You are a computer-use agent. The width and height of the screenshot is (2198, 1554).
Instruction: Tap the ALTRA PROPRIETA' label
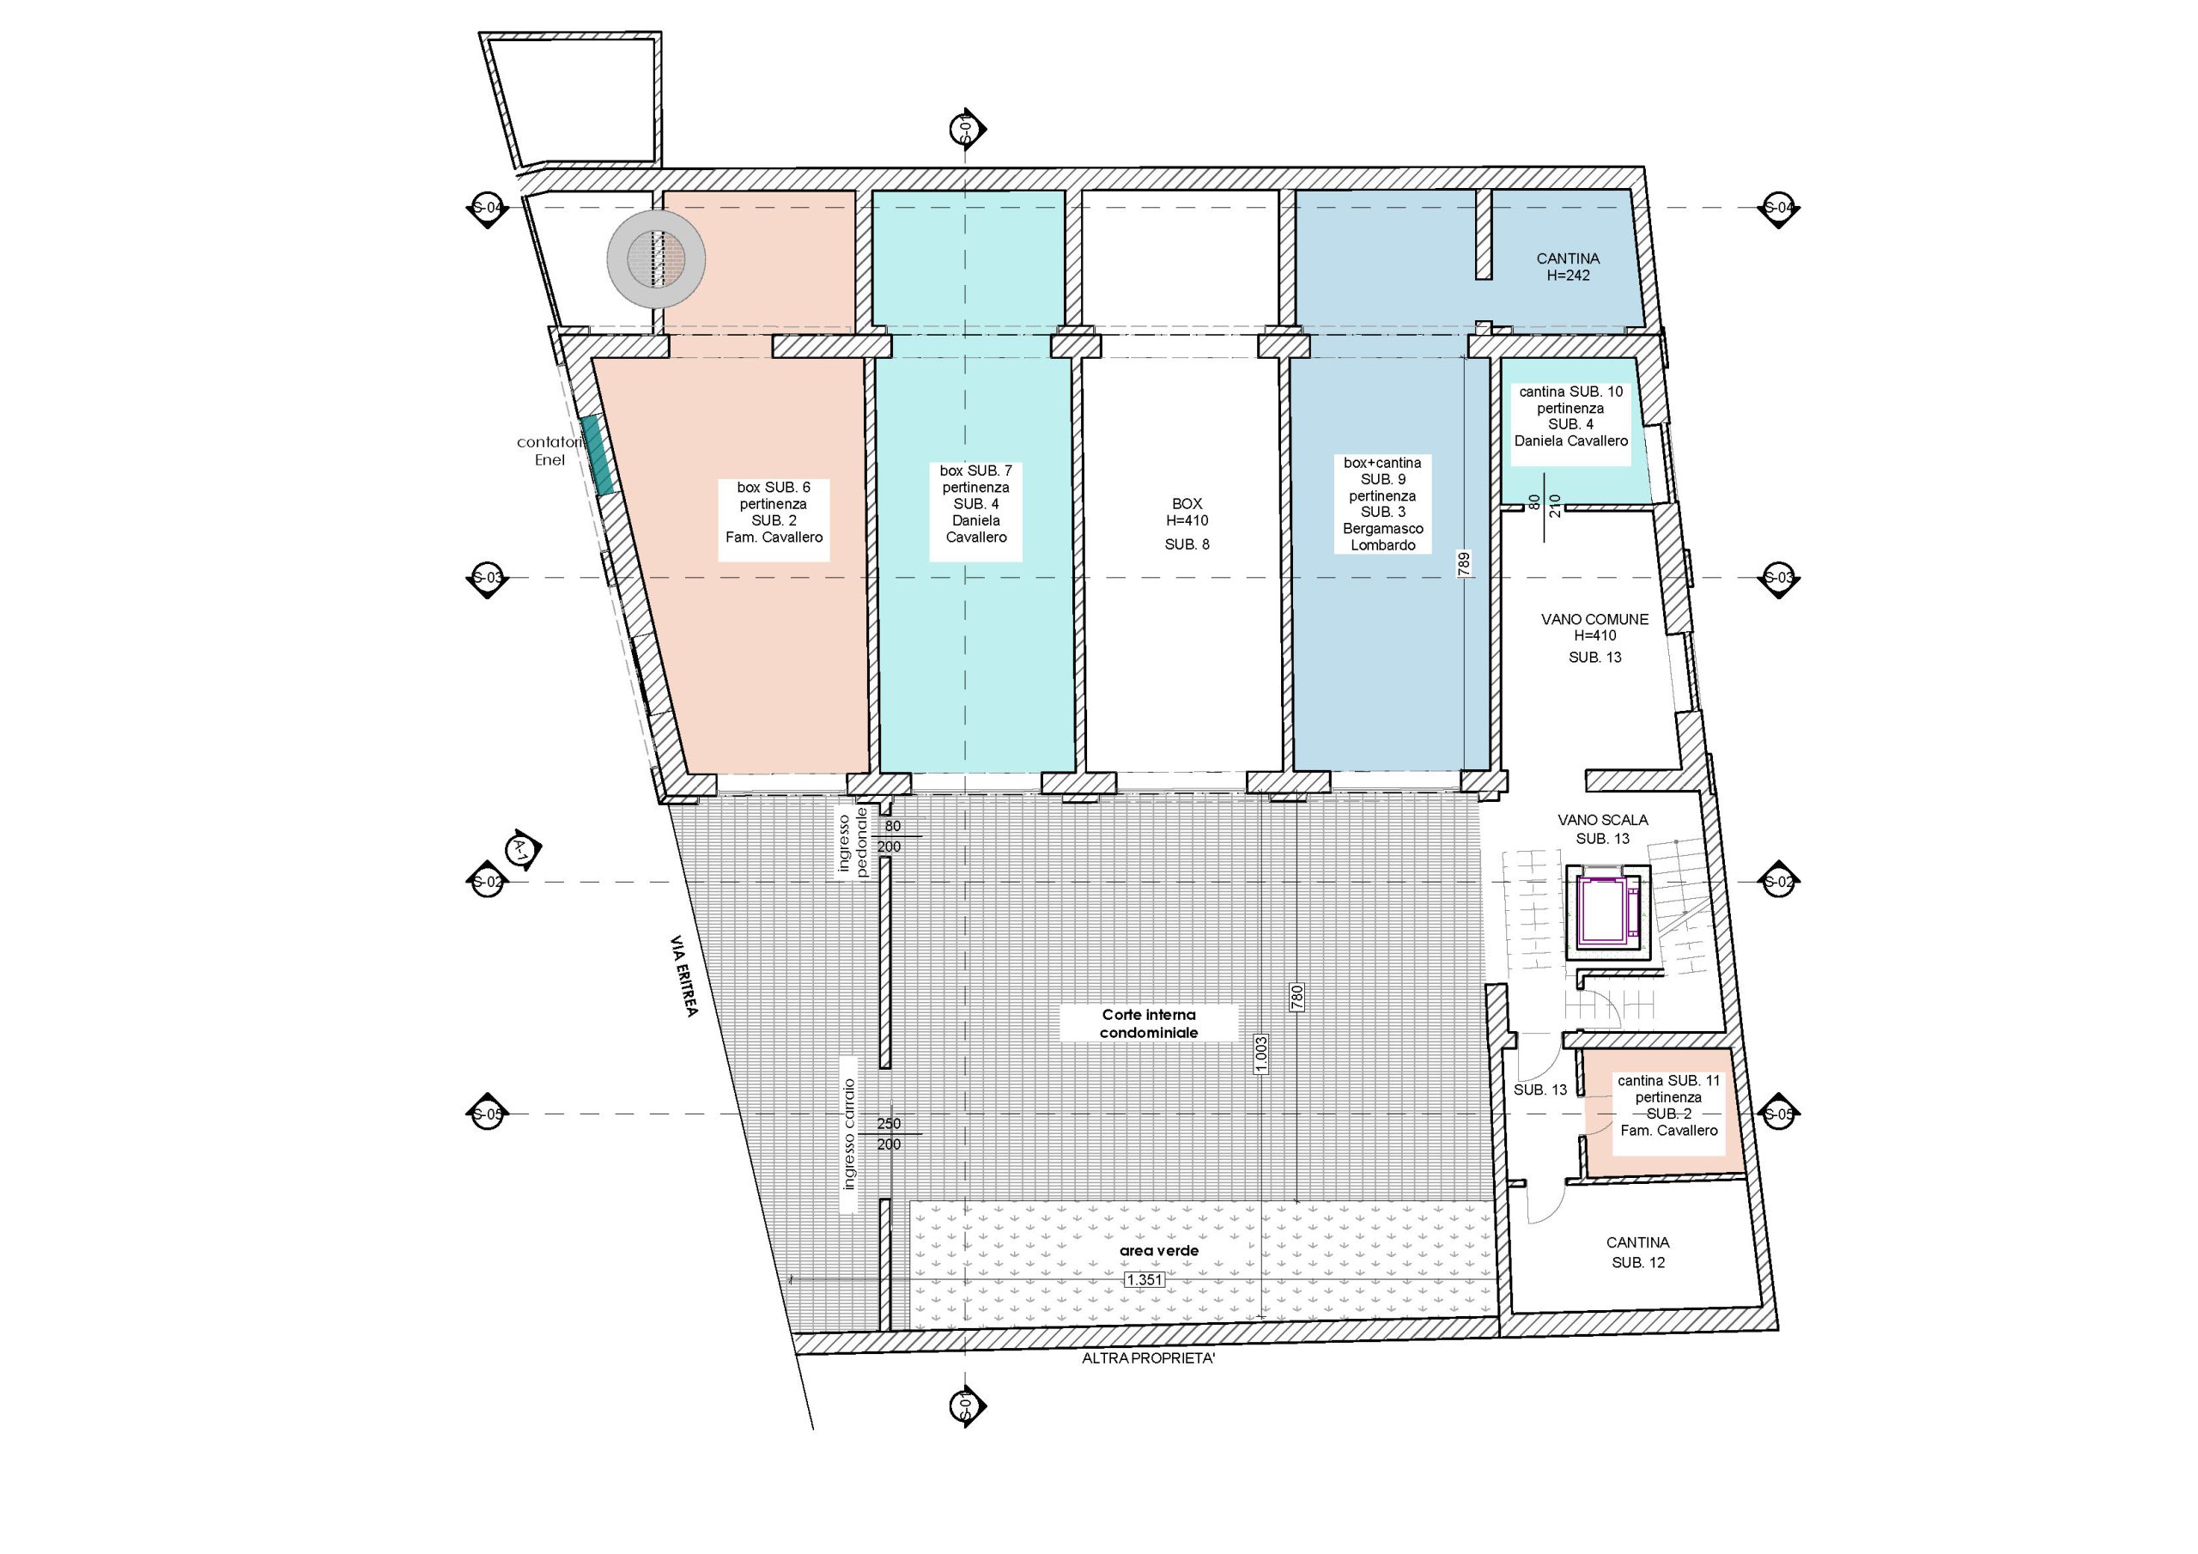click(1148, 1358)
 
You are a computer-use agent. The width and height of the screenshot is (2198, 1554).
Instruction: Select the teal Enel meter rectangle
click(599, 455)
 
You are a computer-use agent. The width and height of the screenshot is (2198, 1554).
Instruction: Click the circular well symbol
click(657, 258)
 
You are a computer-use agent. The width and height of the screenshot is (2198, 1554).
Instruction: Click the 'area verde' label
click(1158, 1250)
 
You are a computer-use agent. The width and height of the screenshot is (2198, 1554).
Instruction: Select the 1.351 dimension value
click(1145, 1279)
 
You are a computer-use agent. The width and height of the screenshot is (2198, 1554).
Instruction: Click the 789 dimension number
click(1464, 564)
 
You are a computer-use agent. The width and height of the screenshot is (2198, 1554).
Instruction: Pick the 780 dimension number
click(1297, 998)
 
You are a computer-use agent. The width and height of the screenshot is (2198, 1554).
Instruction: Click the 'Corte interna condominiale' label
click(1149, 1023)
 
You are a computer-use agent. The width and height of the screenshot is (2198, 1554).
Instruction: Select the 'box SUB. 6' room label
click(774, 488)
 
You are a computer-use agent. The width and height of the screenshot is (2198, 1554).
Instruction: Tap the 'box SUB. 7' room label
click(975, 471)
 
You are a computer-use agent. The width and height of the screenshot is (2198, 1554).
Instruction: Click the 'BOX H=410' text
click(1187, 513)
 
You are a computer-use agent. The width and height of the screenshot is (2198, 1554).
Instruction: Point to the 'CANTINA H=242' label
click(1568, 267)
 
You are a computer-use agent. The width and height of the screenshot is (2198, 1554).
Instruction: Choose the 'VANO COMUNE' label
click(1595, 620)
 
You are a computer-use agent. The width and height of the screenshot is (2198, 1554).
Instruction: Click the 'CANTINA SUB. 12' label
click(1638, 1253)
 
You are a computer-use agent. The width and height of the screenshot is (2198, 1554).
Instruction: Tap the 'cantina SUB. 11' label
click(1668, 1081)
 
